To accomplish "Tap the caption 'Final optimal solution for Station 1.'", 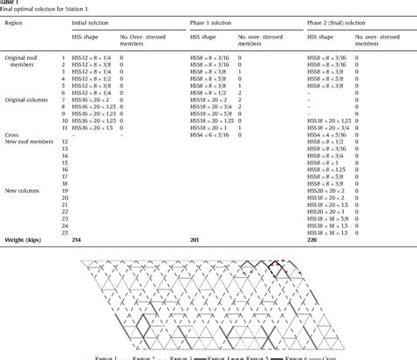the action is click(40, 10).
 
